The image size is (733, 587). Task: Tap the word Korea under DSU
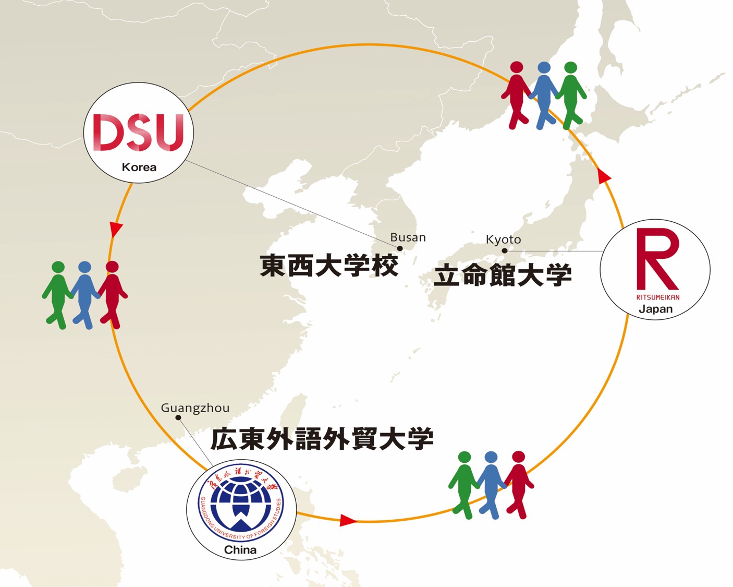(139, 167)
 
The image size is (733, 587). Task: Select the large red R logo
(657, 259)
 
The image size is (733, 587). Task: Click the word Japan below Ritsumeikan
(655, 309)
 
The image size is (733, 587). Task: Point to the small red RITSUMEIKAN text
(657, 297)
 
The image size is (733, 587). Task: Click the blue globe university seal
(241, 504)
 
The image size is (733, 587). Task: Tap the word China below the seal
(240, 549)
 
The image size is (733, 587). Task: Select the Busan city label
(408, 237)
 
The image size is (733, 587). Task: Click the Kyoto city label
(503, 239)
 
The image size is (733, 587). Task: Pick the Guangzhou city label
(195, 408)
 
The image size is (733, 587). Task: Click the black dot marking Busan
(400, 248)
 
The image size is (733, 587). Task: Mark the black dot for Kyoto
(504, 250)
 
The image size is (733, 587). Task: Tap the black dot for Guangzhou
(178, 417)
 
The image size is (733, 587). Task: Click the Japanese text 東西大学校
(329, 265)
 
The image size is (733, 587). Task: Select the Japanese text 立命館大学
(503, 275)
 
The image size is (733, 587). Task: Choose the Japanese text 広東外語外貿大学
(322, 439)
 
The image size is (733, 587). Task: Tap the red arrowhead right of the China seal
(347, 520)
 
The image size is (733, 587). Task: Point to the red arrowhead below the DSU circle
(116, 229)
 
